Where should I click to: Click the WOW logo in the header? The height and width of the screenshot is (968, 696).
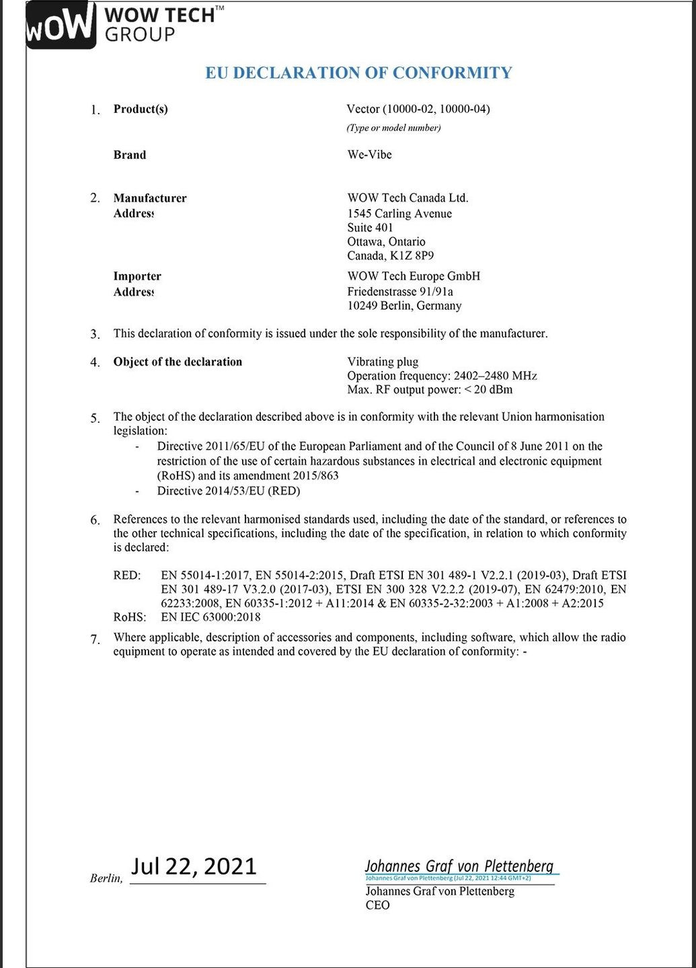[59, 25]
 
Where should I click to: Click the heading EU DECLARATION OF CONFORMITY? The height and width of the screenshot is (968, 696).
[358, 73]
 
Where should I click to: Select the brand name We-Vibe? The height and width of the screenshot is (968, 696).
[369, 155]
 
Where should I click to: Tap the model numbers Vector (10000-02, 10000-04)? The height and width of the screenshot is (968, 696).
[418, 109]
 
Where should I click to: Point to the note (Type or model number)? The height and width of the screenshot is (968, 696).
[393, 128]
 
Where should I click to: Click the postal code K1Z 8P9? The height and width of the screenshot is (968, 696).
[412, 255]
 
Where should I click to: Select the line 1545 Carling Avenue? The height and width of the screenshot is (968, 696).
[399, 214]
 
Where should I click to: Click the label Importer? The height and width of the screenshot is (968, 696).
[137, 276]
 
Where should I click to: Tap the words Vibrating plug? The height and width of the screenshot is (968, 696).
[383, 362]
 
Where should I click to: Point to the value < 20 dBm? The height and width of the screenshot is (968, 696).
[488, 390]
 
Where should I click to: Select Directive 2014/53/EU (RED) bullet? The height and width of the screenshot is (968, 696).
[229, 491]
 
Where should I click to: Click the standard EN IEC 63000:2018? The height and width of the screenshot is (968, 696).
[210, 616]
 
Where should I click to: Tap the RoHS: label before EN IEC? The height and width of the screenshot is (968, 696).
[129, 616]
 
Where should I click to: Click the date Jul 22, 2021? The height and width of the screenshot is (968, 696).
[194, 866]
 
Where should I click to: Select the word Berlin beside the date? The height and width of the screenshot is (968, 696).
[106, 879]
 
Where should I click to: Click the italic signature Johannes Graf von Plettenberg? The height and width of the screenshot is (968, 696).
[459, 866]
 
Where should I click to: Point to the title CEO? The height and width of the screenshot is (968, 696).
[377, 905]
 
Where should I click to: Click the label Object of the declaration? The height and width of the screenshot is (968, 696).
[178, 362]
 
